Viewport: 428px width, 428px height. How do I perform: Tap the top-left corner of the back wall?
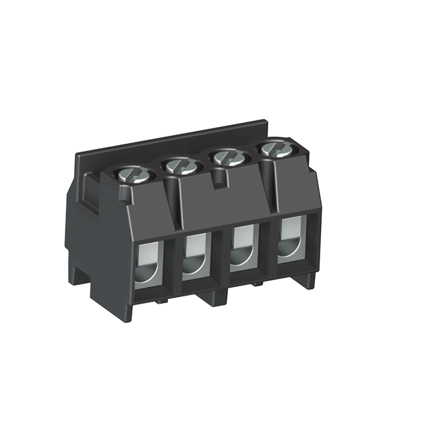(77, 155)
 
